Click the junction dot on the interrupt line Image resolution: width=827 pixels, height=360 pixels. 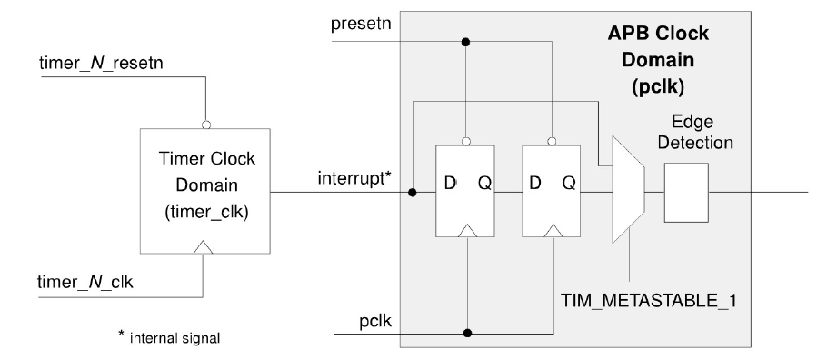click(413, 192)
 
